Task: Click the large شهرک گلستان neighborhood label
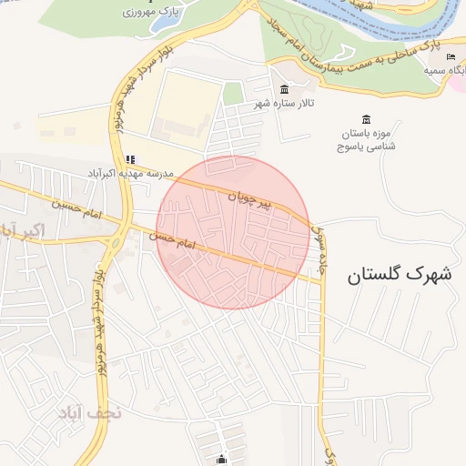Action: (399, 274)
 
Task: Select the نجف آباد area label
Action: (85, 413)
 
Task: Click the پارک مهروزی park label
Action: (153, 13)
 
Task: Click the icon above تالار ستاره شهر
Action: (286, 89)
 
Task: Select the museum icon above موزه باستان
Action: (366, 120)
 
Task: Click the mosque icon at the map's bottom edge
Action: (222, 459)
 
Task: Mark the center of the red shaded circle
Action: (234, 232)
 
